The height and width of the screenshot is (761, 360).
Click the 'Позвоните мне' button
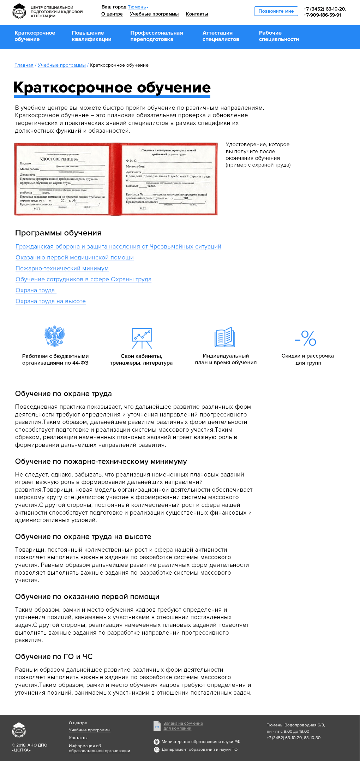(x=276, y=11)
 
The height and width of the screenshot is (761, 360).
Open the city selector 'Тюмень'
(x=137, y=7)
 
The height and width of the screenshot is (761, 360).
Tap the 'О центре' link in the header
(x=112, y=14)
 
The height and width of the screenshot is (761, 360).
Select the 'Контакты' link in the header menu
(x=197, y=14)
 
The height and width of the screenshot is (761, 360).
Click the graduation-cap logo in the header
(x=19, y=11)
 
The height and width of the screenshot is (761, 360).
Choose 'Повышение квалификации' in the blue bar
(x=91, y=36)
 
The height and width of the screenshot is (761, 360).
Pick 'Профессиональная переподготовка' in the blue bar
(x=156, y=36)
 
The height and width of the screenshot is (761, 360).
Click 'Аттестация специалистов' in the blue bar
(x=221, y=36)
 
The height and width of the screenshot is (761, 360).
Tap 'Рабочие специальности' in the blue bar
(x=279, y=36)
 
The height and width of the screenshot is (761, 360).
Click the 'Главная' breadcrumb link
(x=24, y=65)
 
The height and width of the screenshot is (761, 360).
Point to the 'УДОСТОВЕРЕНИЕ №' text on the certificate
(x=59, y=159)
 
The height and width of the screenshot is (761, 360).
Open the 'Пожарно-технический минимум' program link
(x=62, y=269)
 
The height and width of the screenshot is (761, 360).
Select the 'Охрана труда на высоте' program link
(x=50, y=301)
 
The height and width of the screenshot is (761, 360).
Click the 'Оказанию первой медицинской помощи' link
(x=74, y=258)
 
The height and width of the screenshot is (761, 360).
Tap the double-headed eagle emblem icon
(x=55, y=336)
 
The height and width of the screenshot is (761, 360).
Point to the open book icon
(x=225, y=337)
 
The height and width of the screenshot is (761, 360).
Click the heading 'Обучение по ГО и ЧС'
(x=54, y=657)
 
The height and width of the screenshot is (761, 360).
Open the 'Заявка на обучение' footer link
(x=183, y=724)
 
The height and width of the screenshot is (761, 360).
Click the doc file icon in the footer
(x=157, y=726)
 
